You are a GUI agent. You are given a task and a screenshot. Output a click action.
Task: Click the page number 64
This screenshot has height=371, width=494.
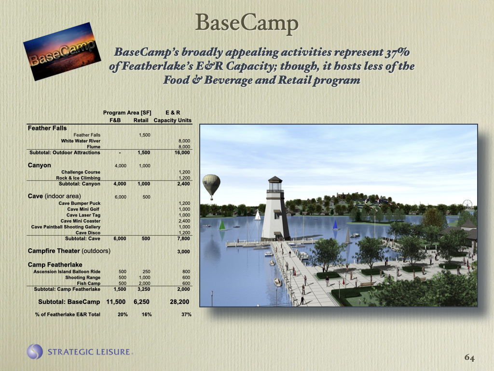469,357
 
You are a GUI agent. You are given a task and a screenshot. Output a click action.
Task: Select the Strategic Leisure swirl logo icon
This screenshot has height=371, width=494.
35,352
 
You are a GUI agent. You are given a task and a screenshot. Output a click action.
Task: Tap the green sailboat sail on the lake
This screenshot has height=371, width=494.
222,225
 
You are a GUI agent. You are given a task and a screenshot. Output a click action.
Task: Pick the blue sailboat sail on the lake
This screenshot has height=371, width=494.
335,224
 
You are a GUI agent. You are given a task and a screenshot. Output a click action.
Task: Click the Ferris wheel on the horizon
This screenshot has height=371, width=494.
467,205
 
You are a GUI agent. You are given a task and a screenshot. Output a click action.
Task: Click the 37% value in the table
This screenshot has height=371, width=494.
186,314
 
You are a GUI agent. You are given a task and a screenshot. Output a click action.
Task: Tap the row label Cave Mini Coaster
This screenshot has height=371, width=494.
81,221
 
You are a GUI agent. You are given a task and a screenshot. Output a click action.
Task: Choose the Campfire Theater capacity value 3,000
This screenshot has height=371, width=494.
183,252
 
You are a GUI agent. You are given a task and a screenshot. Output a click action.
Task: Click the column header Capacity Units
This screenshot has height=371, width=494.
172,120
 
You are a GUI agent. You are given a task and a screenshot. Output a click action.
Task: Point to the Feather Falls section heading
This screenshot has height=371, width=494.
47,128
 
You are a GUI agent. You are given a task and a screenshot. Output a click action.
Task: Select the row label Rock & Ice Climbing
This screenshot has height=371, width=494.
78,178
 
